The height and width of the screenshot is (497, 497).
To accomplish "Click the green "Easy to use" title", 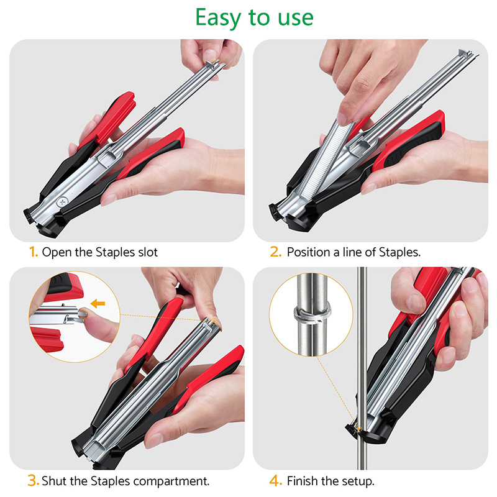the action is point(254,19).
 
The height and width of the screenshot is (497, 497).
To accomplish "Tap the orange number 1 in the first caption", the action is point(34,252).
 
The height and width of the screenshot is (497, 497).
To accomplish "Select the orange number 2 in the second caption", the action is point(275,252).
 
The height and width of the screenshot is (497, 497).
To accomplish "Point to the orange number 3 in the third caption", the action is point(33,480).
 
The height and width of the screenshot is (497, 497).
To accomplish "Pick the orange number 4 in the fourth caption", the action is point(275,481).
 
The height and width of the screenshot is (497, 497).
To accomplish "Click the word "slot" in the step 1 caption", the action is point(148,252).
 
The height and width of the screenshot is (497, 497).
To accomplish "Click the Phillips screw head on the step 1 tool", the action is point(62,202).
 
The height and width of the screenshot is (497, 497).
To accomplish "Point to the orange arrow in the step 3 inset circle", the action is point(98,304).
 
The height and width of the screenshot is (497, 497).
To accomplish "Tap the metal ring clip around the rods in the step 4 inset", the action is point(312,313).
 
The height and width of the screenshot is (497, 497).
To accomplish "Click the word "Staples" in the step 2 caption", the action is point(399,252).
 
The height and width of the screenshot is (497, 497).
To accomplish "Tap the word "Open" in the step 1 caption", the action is point(57,253).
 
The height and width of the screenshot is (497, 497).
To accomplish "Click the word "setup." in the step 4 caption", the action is point(359,481).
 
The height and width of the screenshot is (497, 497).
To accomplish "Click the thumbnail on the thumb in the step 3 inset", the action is point(83,313).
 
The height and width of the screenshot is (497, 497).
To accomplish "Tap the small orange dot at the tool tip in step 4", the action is point(358,429).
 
